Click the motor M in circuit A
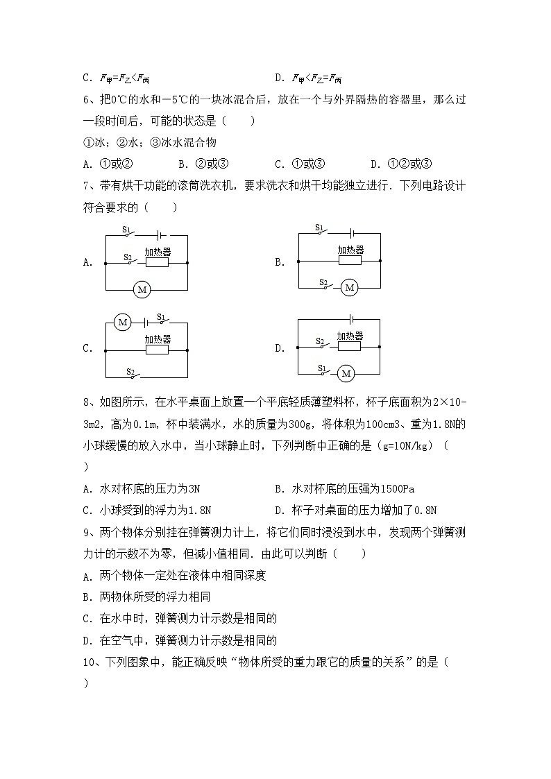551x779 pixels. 142,289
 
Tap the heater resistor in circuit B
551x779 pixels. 350,262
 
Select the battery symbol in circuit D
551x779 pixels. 353,319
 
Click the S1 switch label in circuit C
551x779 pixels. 160,317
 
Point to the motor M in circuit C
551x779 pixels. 123,323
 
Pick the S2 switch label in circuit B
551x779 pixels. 323,282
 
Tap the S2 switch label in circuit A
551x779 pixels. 128,257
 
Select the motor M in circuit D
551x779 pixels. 345,374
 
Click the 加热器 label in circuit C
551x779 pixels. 158,339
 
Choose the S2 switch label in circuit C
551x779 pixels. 130,371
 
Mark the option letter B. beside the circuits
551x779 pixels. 280,262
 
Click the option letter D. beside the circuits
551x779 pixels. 280,348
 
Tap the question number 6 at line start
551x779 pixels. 85,100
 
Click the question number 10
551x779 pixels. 88,662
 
